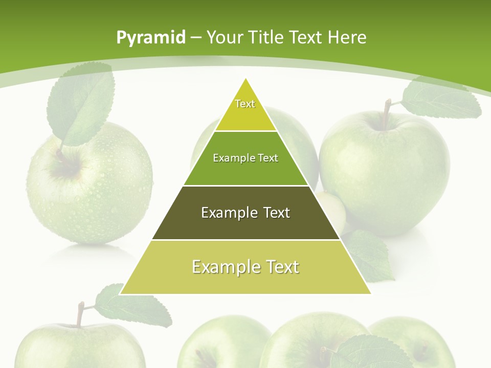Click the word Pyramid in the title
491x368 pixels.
[150, 38]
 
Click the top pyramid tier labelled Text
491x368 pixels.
[245, 107]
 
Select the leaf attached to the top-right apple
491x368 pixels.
[440, 100]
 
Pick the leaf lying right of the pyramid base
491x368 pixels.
[371, 256]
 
